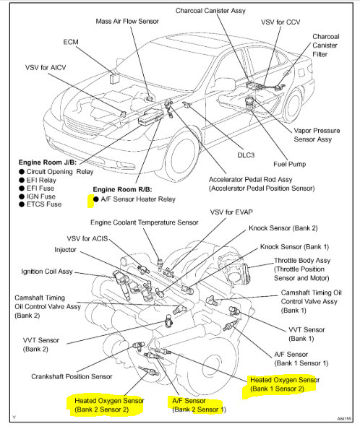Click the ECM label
[71, 42]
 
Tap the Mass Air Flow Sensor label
[127, 21]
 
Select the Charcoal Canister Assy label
[210, 11]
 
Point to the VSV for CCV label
[280, 22]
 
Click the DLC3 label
[246, 155]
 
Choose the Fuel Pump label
[289, 164]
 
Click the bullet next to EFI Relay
[22, 180]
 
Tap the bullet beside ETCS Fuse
[22, 204]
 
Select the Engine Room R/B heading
[122, 189]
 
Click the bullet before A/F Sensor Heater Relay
[96, 199]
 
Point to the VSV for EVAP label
[231, 212]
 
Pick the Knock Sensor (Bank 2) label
[283, 228]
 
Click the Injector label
[65, 249]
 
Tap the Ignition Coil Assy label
[47, 272]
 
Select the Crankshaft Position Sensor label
[72, 376]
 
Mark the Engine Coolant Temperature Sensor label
[145, 222]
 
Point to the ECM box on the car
[113, 78]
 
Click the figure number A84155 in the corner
[344, 419]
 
